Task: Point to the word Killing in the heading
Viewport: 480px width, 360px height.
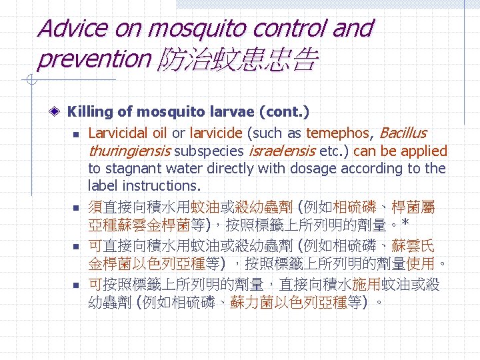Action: coord(89,111)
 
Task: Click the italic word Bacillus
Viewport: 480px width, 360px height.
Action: coord(401,133)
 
